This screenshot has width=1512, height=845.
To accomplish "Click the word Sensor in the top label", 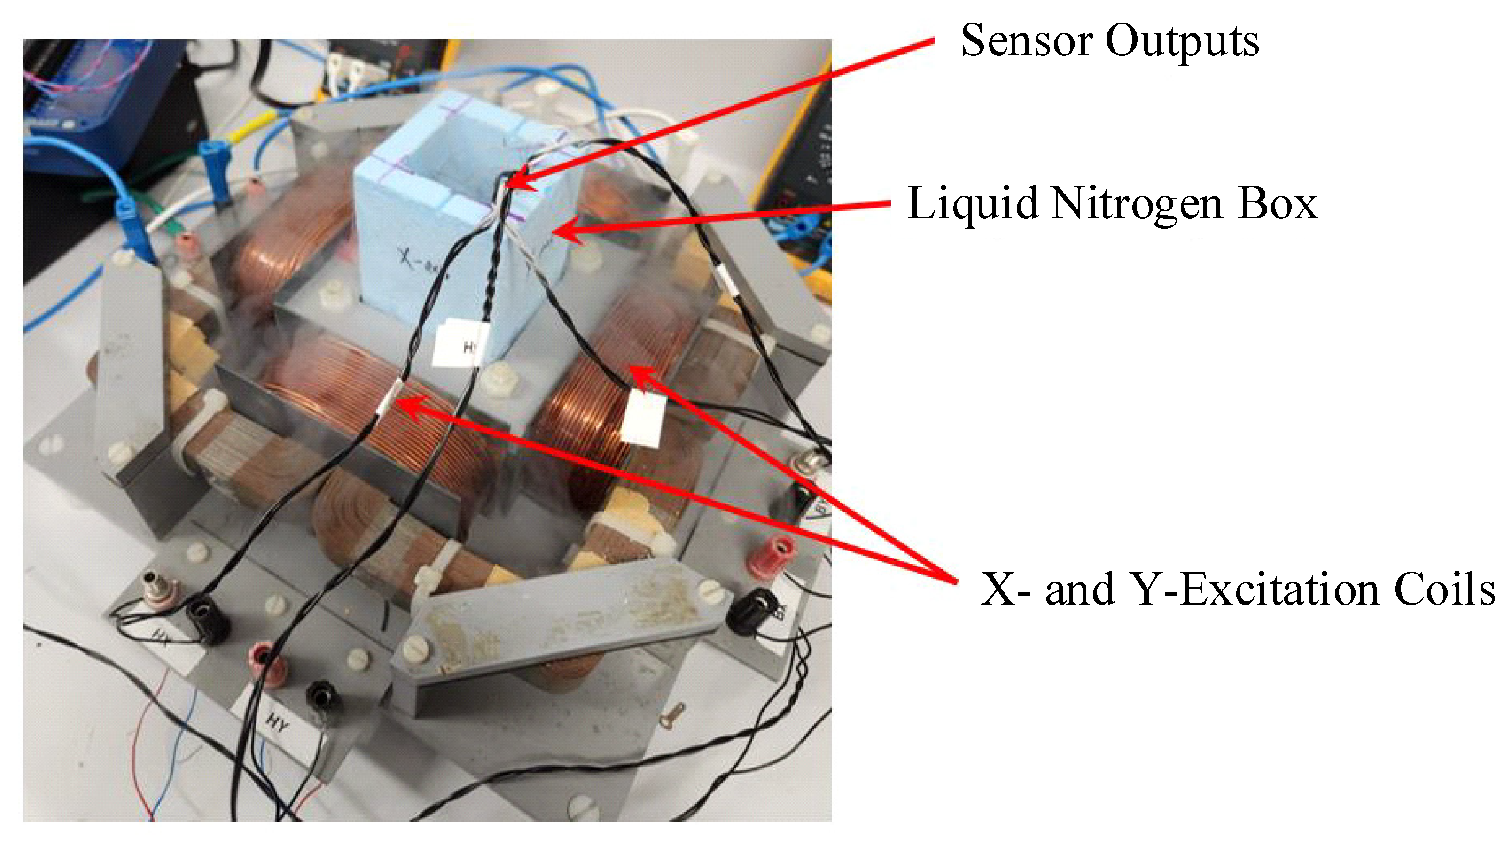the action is [x=1026, y=41].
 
